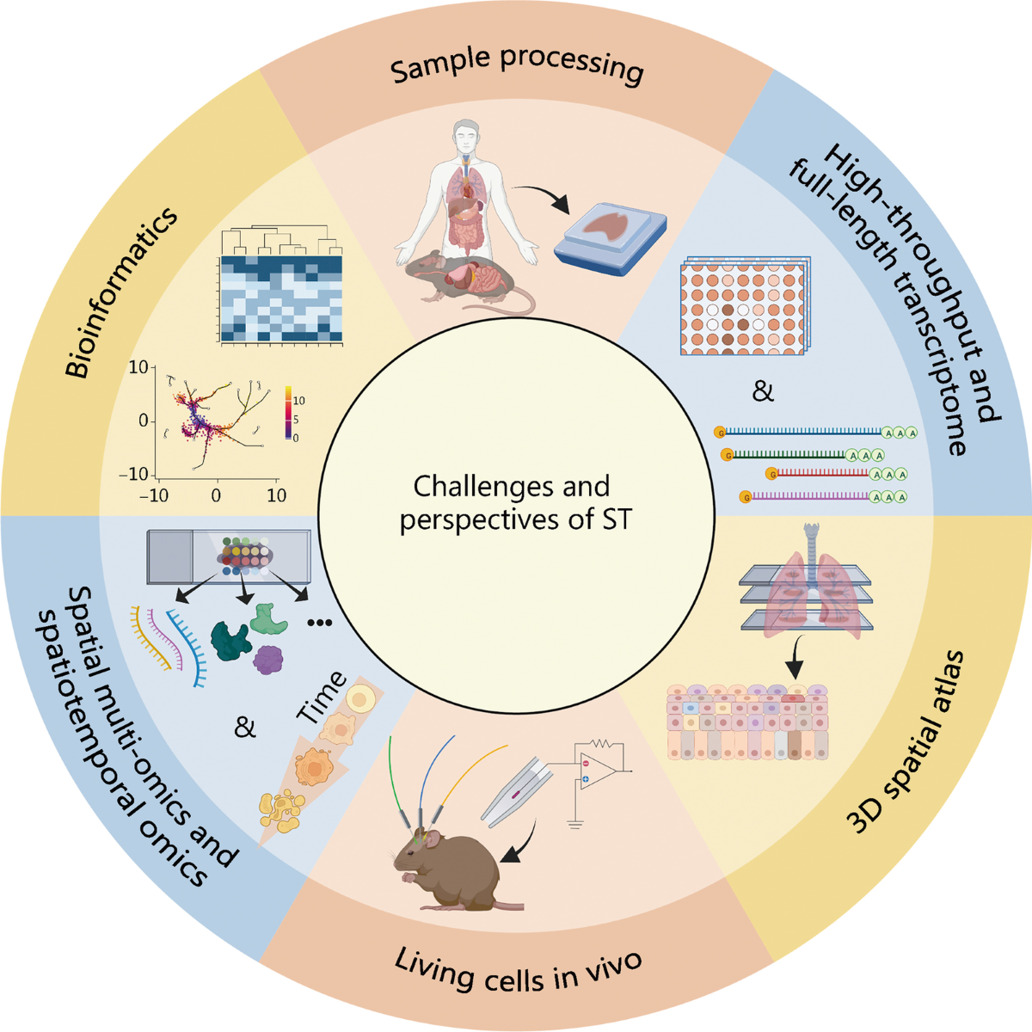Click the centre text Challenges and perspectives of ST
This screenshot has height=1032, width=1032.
(x=515, y=503)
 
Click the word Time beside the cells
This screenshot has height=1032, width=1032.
(x=322, y=697)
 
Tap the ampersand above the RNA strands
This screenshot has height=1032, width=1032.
(x=763, y=392)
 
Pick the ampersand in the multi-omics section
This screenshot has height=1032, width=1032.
(x=245, y=728)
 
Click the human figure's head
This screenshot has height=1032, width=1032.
(x=465, y=135)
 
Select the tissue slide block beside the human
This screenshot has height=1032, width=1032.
(x=611, y=235)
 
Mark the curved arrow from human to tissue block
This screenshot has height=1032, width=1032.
(x=542, y=196)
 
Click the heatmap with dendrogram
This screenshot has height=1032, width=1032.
(x=281, y=297)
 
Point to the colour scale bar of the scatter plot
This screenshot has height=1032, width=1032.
(x=288, y=415)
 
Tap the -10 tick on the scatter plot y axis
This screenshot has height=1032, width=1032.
(x=138, y=475)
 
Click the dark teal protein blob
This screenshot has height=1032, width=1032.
(x=230, y=640)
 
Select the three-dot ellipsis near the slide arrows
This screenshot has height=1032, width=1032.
(x=319, y=623)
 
